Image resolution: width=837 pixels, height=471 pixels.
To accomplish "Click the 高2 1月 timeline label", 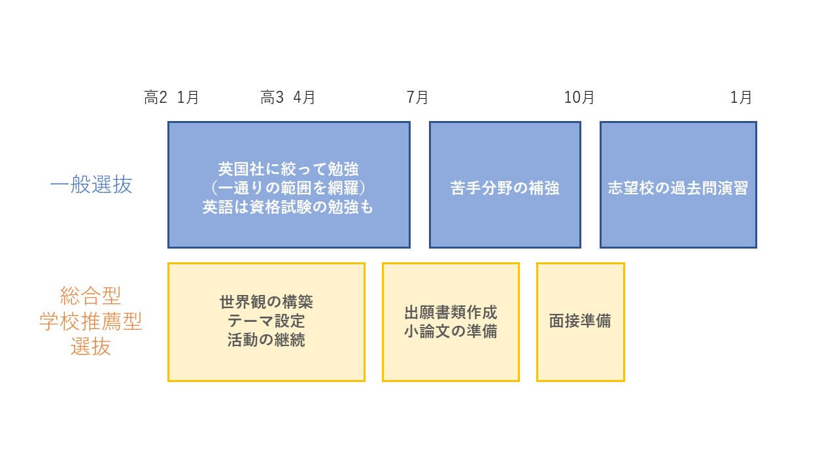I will (171, 98).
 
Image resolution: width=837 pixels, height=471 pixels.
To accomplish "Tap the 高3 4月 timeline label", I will (288, 98).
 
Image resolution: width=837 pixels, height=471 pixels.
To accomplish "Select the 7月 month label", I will (418, 98).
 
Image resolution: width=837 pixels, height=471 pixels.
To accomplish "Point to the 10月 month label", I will (579, 98).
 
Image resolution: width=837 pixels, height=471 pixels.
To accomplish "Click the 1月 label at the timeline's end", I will (741, 98).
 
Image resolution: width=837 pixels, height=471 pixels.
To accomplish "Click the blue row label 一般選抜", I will (91, 185).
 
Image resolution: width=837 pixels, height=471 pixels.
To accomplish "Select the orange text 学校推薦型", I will (91, 322).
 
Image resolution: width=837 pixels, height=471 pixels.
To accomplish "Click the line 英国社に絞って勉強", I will (288, 169).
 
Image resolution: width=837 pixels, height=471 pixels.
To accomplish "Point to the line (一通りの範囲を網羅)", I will (288, 188).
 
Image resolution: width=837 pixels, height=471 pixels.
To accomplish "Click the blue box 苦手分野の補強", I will (505, 188).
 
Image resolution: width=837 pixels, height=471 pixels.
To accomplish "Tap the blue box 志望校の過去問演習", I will (678, 188).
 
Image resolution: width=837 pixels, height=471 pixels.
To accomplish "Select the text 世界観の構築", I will (266, 302).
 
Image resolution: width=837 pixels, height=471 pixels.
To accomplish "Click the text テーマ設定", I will (266, 321).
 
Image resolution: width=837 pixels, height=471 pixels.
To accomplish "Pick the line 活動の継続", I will (266, 340).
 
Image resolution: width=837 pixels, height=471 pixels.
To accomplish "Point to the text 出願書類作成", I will (451, 312).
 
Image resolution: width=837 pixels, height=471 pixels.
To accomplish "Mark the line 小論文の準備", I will (451, 331).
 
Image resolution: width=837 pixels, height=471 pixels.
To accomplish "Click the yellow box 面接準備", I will (580, 322).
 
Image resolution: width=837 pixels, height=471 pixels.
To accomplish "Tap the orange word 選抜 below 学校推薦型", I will (91, 347).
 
